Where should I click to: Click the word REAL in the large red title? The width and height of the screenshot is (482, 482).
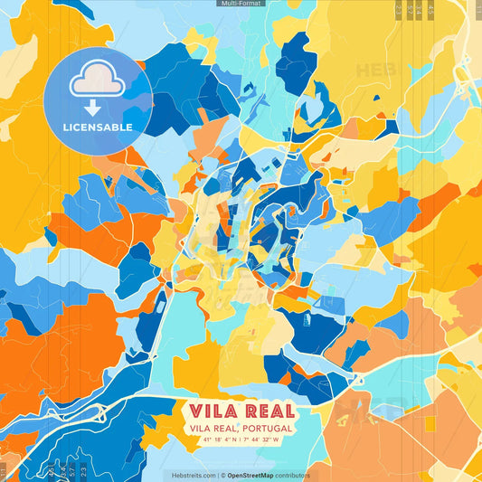[x=266, y=411]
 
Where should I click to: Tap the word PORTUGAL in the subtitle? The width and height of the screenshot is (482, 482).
[x=267, y=428]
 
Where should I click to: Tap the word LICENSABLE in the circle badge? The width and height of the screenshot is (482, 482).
[x=98, y=127]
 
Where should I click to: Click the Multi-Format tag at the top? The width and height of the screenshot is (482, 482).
[x=241, y=4]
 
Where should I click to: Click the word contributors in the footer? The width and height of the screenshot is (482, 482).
[x=293, y=475]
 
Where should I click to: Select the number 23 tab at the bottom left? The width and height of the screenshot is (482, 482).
[x=84, y=470]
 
